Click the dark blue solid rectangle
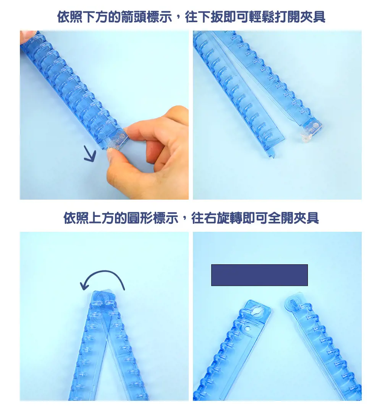(259, 275)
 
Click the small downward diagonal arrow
(90, 154)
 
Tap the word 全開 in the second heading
(280, 218)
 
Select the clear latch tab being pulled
(118, 139)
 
